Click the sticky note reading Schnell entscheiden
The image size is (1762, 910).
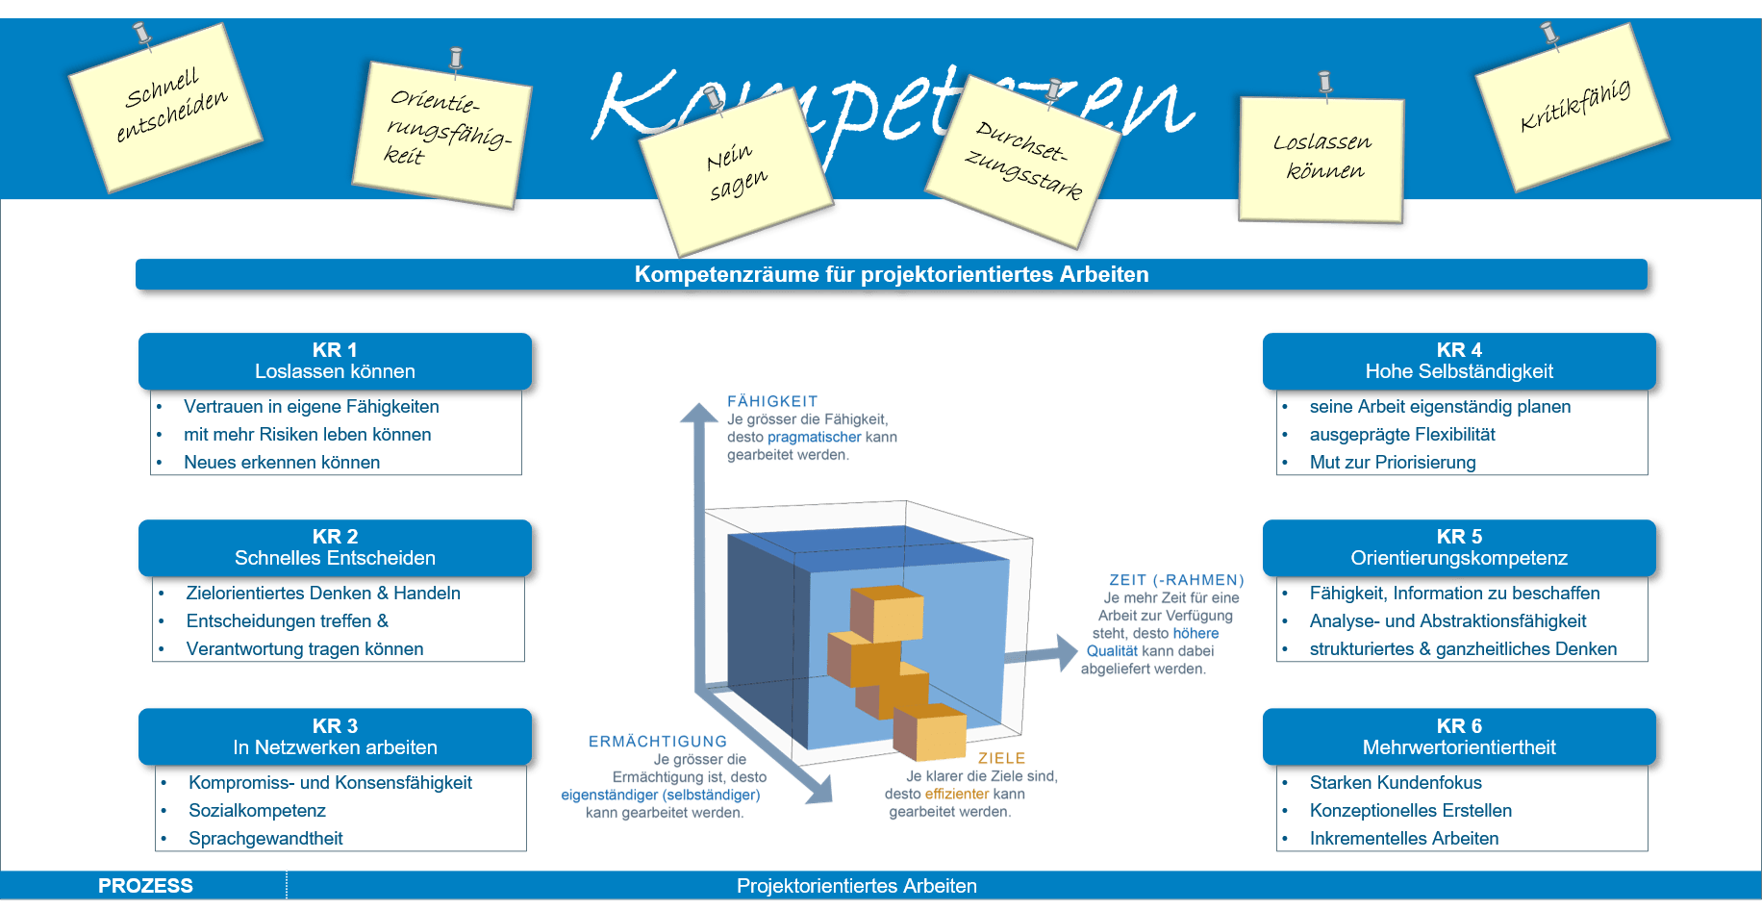click(x=165, y=107)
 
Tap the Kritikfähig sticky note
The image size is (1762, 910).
click(x=1572, y=108)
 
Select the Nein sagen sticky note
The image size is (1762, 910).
click(x=736, y=172)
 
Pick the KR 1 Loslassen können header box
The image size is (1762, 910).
click(x=335, y=361)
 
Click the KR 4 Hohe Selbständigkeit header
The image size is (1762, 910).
click(x=1459, y=361)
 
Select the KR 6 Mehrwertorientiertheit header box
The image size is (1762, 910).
click(x=1459, y=737)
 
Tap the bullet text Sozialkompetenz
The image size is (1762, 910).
click(x=257, y=811)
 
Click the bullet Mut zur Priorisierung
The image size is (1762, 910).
click(x=1393, y=463)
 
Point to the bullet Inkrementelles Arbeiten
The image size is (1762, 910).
click(x=1404, y=839)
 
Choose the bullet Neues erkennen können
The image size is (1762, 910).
click(x=282, y=463)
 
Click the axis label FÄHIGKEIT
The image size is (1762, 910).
click(x=772, y=401)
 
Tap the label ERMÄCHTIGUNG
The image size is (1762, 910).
click(x=658, y=742)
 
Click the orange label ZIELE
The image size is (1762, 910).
click(x=1002, y=759)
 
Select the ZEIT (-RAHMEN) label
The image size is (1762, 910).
click(x=1177, y=580)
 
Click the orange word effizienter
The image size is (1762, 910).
click(x=957, y=794)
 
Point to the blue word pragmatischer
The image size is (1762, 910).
click(x=815, y=438)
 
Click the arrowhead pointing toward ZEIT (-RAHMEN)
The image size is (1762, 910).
click(x=1067, y=653)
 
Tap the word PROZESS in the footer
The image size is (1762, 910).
click(x=145, y=886)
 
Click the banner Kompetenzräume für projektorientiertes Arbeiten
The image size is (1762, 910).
click(x=892, y=274)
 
